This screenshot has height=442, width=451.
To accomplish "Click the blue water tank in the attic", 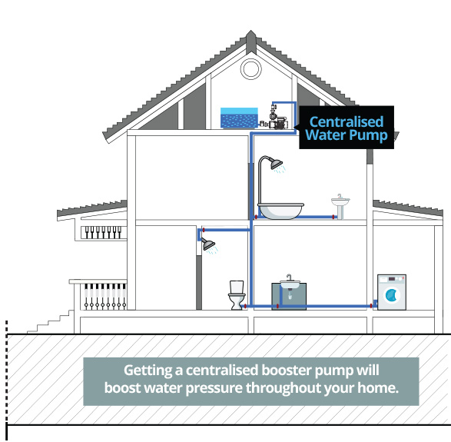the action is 239,118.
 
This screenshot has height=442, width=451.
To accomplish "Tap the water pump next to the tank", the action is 276,118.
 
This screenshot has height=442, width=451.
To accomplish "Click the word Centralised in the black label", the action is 347,121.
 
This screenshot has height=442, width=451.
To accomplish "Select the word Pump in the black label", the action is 372,135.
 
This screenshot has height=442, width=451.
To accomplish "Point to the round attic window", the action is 250,69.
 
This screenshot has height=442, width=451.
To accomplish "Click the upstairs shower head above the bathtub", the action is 276,164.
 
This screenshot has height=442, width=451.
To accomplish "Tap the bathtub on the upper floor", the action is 280,211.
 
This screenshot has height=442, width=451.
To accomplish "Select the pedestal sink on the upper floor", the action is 340,206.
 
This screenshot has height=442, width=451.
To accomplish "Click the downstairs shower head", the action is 208,244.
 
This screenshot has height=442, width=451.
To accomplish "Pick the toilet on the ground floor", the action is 237,295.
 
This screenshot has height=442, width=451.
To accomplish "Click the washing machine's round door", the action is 391,295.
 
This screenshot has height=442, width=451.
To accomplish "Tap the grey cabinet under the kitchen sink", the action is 289,297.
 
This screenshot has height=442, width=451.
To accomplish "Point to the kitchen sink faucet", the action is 289,277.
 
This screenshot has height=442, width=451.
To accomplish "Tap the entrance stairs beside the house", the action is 51,322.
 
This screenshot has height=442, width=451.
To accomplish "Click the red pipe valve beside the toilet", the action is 245,306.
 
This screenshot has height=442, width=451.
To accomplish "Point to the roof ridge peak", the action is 250,31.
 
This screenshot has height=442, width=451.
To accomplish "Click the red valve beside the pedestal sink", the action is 333,217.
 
